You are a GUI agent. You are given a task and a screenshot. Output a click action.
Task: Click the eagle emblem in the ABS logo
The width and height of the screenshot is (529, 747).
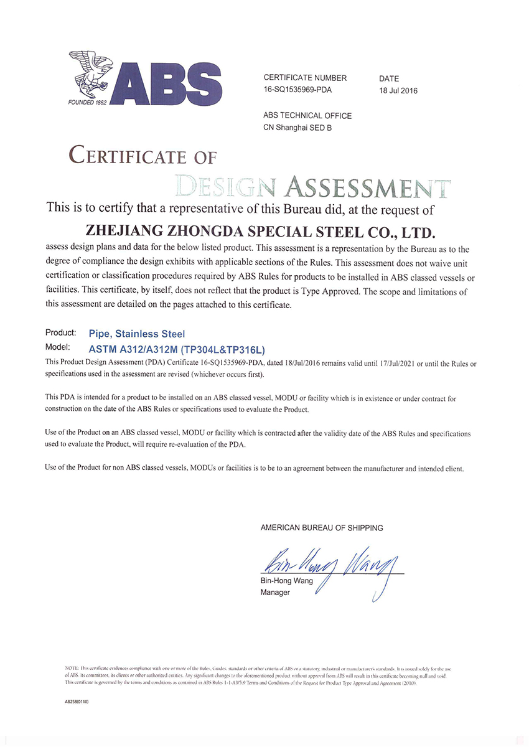pyautogui.click(x=92, y=72)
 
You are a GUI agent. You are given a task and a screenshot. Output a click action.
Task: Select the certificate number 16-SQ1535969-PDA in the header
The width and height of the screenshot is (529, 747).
pyautogui.click(x=298, y=90)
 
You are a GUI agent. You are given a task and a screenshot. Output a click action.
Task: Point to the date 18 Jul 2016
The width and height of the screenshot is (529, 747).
pyautogui.click(x=398, y=91)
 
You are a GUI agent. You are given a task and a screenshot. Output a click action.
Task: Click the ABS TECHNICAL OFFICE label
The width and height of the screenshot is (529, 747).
pyautogui.click(x=307, y=116)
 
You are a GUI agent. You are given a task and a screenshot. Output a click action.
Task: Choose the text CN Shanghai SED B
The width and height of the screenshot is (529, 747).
pyautogui.click(x=298, y=128)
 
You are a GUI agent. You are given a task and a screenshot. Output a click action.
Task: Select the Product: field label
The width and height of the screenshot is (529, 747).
pyautogui.click(x=61, y=334)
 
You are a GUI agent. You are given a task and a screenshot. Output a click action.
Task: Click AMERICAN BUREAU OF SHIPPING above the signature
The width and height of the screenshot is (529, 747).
pyautogui.click(x=322, y=528)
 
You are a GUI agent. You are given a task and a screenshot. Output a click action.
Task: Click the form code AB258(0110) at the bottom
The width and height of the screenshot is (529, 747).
pyautogui.click(x=77, y=702)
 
